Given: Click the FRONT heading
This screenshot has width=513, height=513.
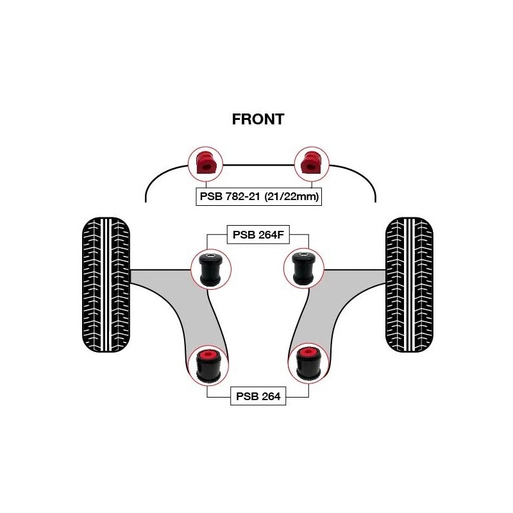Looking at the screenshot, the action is coord(257,119).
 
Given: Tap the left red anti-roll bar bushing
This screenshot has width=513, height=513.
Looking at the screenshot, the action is coord(205,164).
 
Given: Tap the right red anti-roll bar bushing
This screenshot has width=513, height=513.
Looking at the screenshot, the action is coord(310,164).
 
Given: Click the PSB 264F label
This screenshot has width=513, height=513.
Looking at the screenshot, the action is coord(257,236).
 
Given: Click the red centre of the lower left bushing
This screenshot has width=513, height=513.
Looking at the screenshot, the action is coord(208,355).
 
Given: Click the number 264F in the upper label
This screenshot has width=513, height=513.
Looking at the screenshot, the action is coord(269,236).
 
